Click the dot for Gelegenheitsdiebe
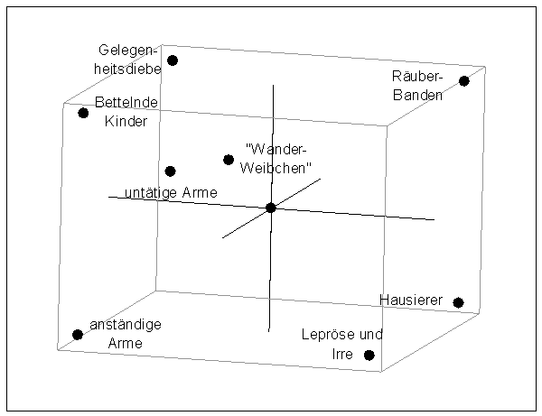tap(173, 60)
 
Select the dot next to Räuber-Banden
tap(464, 81)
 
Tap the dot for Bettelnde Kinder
tap(83, 113)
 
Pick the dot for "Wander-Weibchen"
tap(229, 160)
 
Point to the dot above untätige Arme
tap(170, 171)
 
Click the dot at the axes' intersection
tap(271, 208)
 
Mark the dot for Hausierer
tap(459, 302)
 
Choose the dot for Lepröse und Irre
tap(369, 355)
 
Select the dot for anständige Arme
tap(78, 335)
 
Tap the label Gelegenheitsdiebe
tap(130, 58)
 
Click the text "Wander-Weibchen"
tap(278, 158)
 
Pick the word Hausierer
tap(408, 300)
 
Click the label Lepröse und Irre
tap(334, 344)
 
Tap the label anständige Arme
tap(126, 334)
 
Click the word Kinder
tap(126, 120)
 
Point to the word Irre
tap(341, 353)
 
